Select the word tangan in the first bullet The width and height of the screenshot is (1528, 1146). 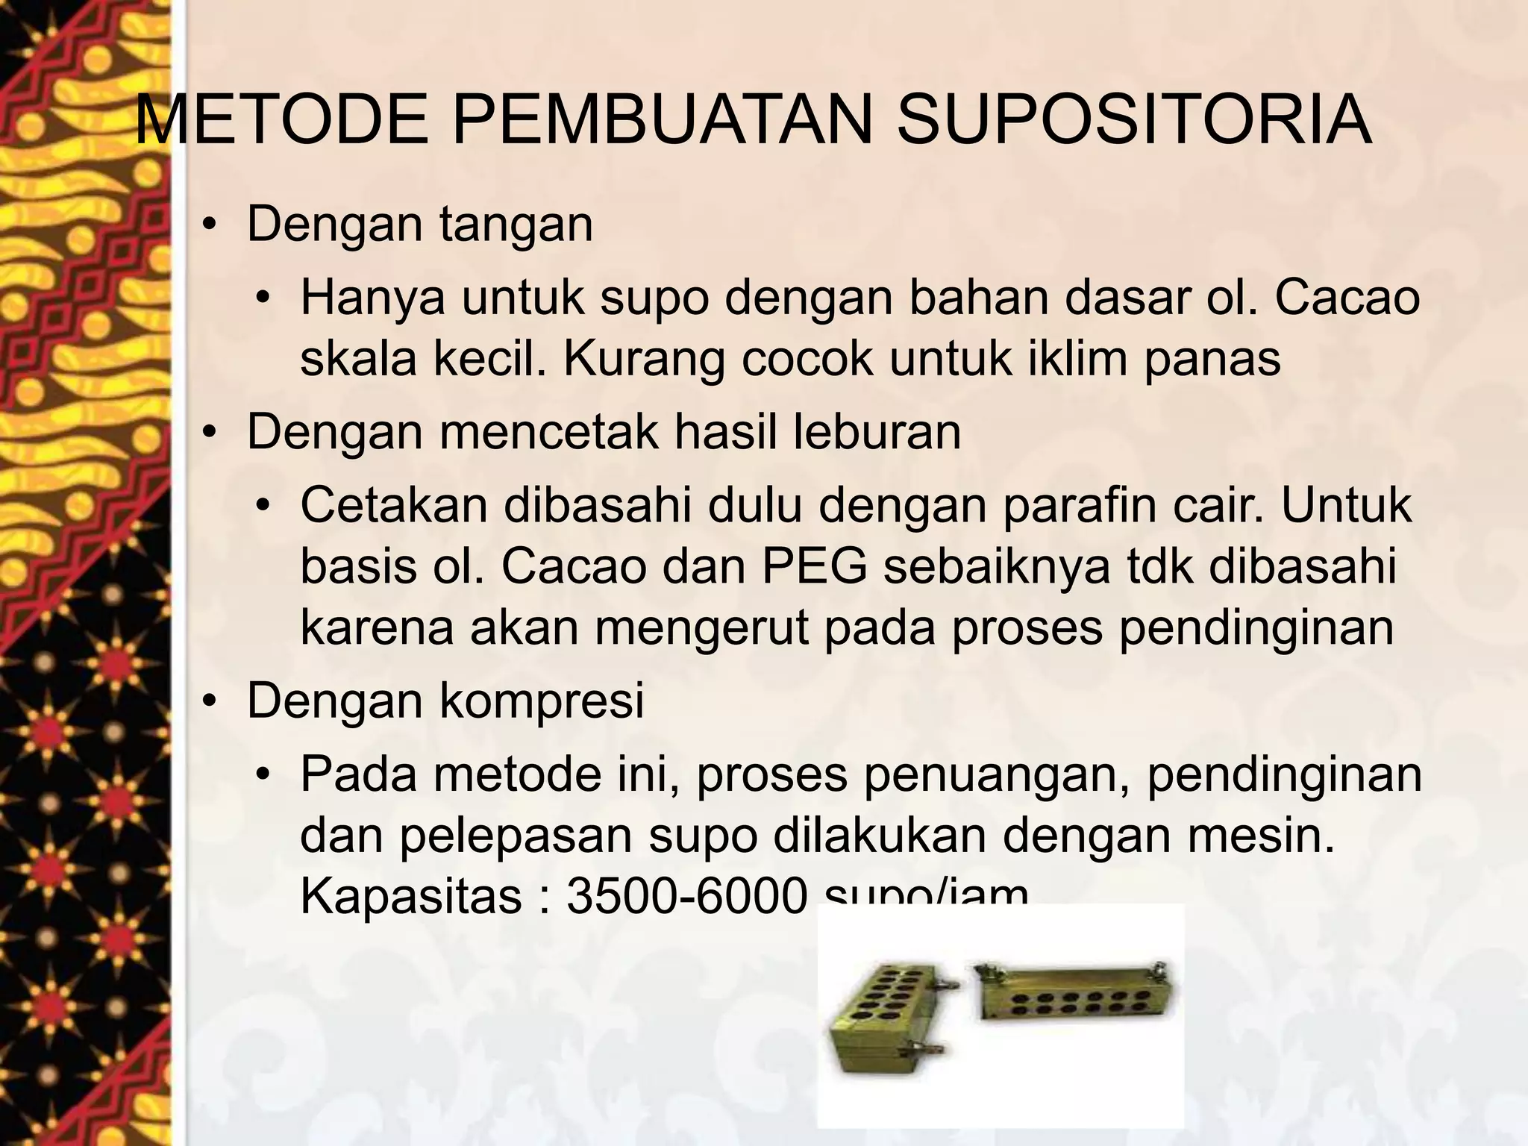tap(516, 225)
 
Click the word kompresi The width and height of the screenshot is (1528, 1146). tap(541, 701)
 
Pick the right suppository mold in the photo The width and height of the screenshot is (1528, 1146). tap(1074, 996)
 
